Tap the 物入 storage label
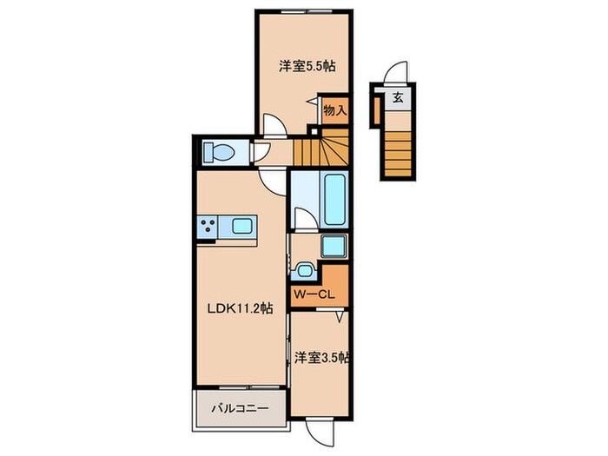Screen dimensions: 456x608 335,110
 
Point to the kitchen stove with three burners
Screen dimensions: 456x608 209,228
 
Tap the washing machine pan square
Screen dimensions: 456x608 334,246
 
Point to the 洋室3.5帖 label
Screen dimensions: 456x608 321,357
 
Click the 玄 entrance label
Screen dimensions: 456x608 397,97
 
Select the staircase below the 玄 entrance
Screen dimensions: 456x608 396,149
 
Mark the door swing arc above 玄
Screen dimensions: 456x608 396,72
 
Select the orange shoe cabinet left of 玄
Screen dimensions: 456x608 377,108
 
